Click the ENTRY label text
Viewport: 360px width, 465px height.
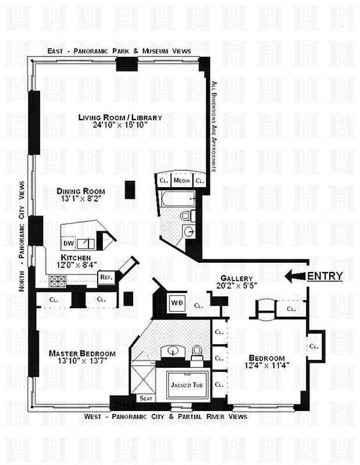(x=325, y=276)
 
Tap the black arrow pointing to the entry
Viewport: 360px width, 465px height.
(x=295, y=277)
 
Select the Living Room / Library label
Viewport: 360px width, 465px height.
(x=120, y=117)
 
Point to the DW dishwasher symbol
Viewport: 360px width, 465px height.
(x=69, y=243)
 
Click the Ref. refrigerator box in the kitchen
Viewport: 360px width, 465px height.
(x=106, y=278)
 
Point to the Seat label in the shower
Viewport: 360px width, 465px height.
(x=145, y=399)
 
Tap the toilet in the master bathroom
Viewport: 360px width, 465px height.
(x=197, y=352)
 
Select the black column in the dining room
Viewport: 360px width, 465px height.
(x=131, y=190)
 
